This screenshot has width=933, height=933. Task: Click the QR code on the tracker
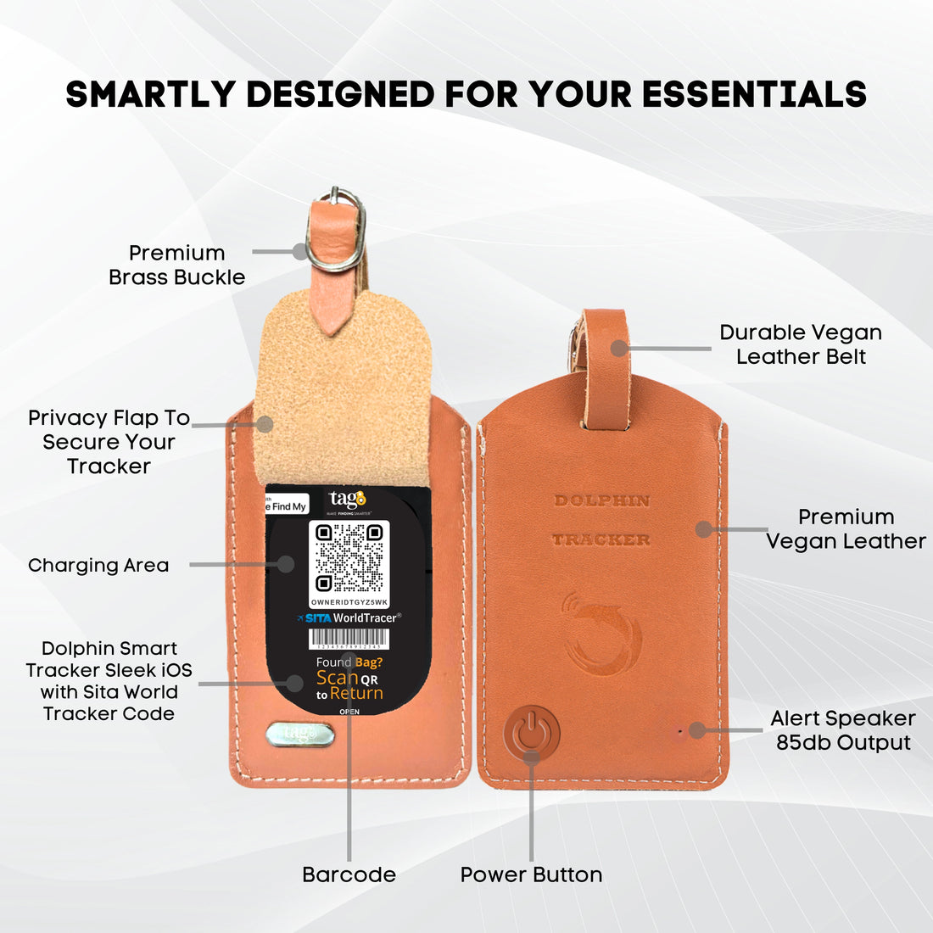coord(349,557)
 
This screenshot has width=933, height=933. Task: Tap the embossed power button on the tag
coord(532,730)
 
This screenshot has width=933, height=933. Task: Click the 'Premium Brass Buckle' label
coord(176,265)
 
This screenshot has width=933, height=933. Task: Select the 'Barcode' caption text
coord(349,874)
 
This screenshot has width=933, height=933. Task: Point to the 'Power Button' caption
coord(531,874)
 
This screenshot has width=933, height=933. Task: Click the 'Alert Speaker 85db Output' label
coord(842,730)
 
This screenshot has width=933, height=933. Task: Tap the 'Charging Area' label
coord(98,566)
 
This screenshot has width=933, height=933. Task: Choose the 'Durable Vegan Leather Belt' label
coord(800,344)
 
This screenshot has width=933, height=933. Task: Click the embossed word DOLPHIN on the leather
coord(602,500)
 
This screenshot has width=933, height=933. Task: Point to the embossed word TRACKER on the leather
coord(601,539)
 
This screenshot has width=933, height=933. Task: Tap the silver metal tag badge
coord(295,733)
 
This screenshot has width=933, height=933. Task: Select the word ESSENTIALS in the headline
coord(754,94)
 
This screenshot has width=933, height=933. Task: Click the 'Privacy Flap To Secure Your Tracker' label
coord(109,442)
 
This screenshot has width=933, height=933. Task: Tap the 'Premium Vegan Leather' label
coord(846,529)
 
